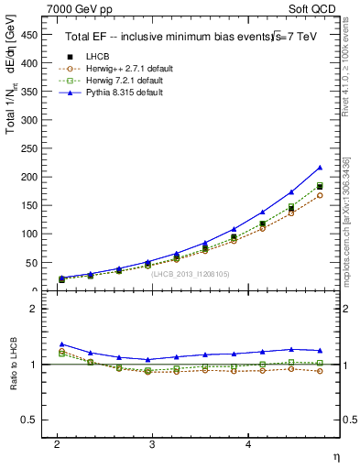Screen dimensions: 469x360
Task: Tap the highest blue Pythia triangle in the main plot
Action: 319,168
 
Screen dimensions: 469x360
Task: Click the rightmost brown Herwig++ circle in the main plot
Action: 319,195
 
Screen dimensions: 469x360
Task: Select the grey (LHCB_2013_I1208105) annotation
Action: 191,274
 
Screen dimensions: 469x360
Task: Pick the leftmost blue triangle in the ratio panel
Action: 61,344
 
